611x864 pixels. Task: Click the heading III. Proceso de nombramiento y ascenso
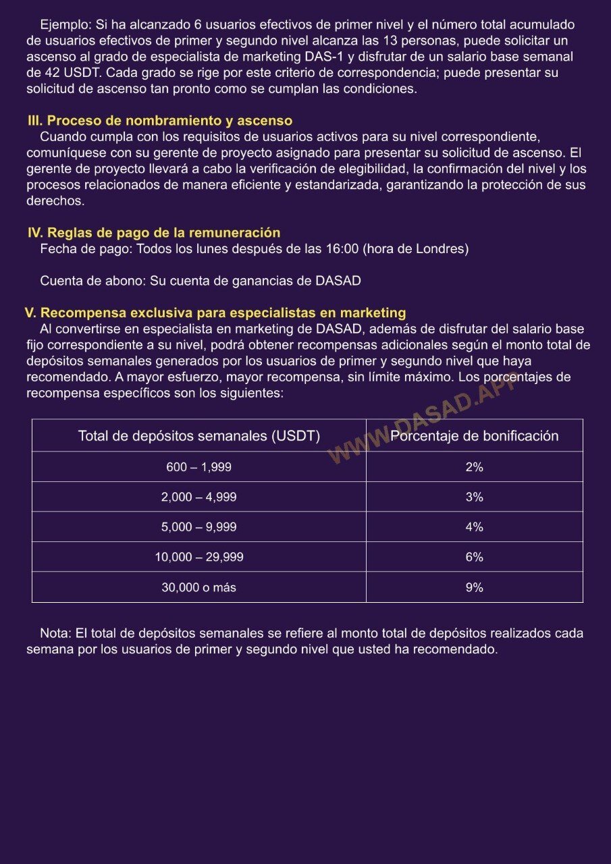click(160, 121)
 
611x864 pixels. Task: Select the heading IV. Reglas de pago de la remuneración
click(154, 233)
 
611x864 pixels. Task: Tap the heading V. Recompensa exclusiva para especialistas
click(215, 313)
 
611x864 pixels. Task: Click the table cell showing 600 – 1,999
click(198, 467)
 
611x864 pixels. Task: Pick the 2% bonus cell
click(474, 467)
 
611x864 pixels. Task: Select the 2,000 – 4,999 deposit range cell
click(198, 497)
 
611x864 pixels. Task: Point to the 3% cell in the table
click(474, 497)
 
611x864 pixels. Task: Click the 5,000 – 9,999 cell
click(198, 527)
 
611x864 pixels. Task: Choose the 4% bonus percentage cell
click(474, 527)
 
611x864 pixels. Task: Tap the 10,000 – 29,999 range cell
click(198, 558)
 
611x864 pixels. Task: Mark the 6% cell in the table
click(474, 558)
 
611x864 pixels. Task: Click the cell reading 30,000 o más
click(198, 587)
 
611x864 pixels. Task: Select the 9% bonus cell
click(474, 587)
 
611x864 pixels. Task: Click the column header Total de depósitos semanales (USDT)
click(198, 436)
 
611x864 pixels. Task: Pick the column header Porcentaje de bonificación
click(474, 436)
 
